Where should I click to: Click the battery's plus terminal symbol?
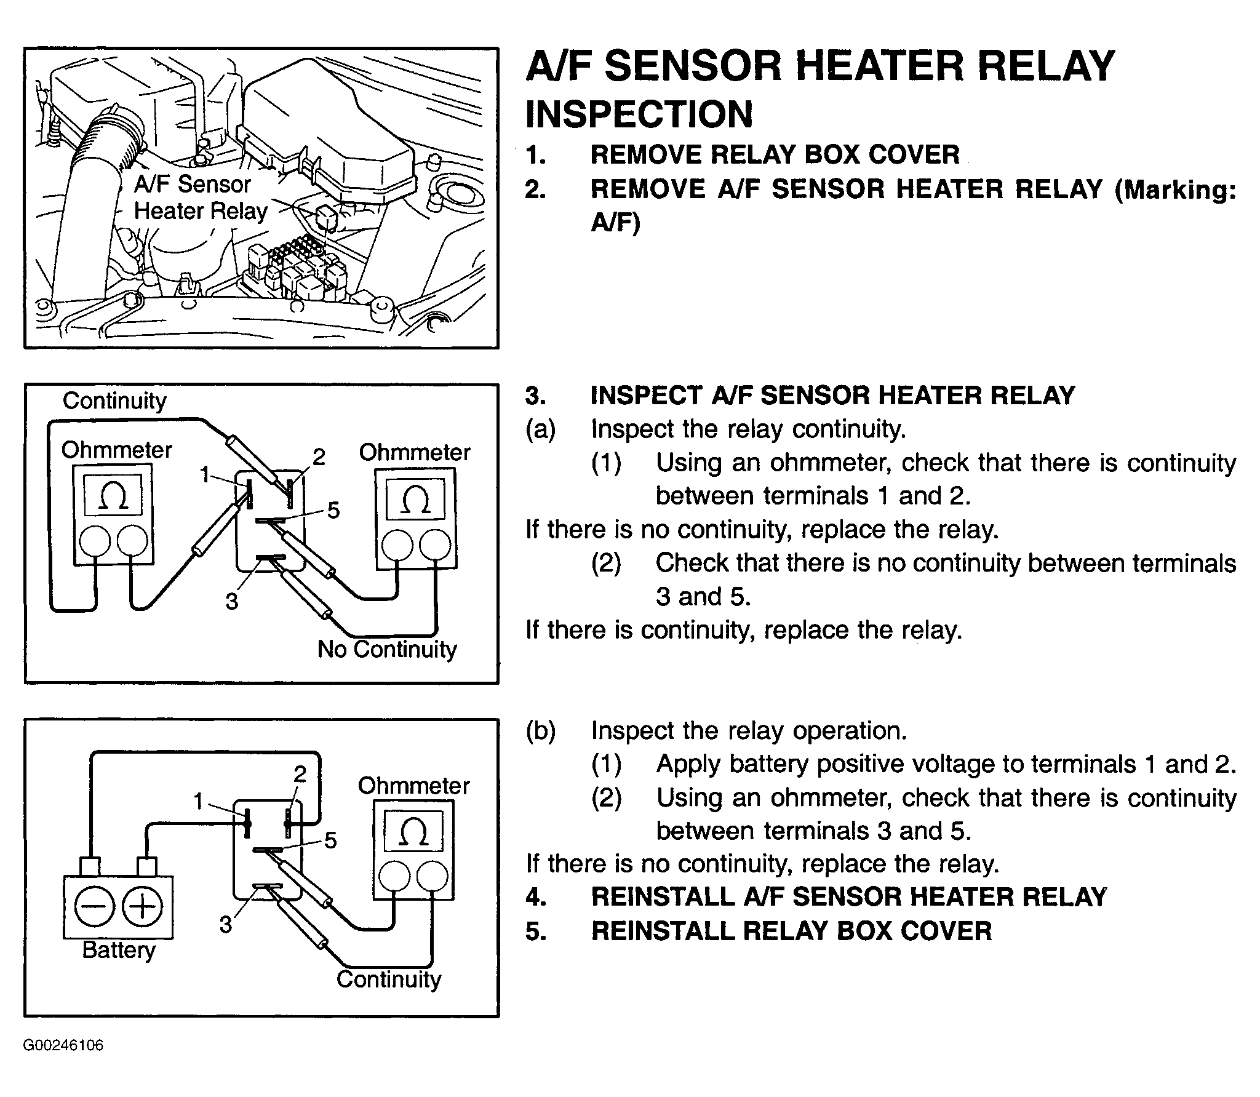pyautogui.click(x=142, y=907)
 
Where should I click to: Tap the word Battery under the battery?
pyautogui.click(x=119, y=950)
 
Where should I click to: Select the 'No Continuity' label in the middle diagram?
pyautogui.click(x=387, y=649)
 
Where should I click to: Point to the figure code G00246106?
pyautogui.click(x=63, y=1045)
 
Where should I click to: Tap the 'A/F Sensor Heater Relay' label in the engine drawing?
pyautogui.click(x=200, y=197)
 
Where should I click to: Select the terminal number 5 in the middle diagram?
pyautogui.click(x=333, y=510)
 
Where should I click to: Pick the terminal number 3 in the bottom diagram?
pyautogui.click(x=226, y=925)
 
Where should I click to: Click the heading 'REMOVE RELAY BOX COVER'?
pyautogui.click(x=775, y=154)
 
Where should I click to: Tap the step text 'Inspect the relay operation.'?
pyautogui.click(x=749, y=730)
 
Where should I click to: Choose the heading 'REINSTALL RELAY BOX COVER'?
pyautogui.click(x=791, y=931)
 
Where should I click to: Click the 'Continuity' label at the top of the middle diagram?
pyautogui.click(x=114, y=401)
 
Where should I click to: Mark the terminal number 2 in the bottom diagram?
pyautogui.click(x=300, y=774)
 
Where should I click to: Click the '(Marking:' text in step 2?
pyautogui.click(x=1175, y=189)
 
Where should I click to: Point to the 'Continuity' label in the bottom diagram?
pyautogui.click(x=389, y=979)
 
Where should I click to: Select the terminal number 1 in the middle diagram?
pyautogui.click(x=205, y=474)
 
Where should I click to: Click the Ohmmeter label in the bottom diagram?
pyautogui.click(x=413, y=786)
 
